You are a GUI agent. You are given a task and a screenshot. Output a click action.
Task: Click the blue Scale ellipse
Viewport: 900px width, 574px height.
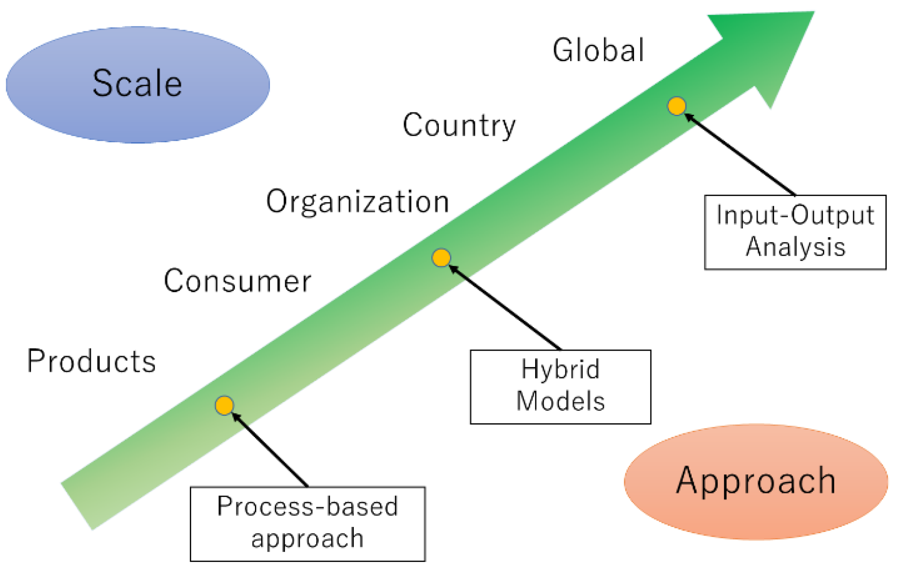click(137, 84)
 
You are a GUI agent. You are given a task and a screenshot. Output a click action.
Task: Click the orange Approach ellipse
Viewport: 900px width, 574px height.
click(756, 482)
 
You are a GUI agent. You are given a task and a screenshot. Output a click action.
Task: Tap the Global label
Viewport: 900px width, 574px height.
click(598, 50)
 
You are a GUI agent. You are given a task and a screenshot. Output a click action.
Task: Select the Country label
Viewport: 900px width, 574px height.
click(459, 125)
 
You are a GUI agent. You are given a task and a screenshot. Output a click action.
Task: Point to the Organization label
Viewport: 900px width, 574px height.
click(357, 202)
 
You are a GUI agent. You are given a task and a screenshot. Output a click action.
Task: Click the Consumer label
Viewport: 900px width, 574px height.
click(238, 281)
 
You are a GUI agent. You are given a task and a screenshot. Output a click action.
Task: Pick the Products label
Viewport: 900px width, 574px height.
click(91, 361)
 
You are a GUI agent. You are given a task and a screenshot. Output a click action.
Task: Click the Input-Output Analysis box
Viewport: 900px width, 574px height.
click(795, 232)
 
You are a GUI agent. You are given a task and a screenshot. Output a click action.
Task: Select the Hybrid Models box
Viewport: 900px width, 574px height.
click(560, 387)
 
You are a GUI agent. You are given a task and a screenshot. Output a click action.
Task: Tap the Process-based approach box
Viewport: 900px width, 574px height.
click(308, 524)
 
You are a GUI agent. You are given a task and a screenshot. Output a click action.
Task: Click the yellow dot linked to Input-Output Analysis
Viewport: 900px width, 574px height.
click(677, 106)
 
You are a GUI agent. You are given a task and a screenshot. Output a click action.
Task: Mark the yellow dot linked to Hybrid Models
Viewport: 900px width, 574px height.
click(441, 258)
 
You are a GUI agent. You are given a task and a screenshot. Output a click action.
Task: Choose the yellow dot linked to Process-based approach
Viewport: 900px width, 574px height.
click(224, 405)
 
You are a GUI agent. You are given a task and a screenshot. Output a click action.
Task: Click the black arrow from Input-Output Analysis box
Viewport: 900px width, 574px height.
click(740, 155)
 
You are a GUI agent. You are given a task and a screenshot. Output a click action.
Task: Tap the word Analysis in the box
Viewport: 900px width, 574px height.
click(795, 247)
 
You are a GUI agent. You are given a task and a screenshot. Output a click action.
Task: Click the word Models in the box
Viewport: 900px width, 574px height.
click(560, 402)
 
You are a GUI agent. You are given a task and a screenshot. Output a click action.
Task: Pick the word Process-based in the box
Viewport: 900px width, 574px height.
click(308, 507)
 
